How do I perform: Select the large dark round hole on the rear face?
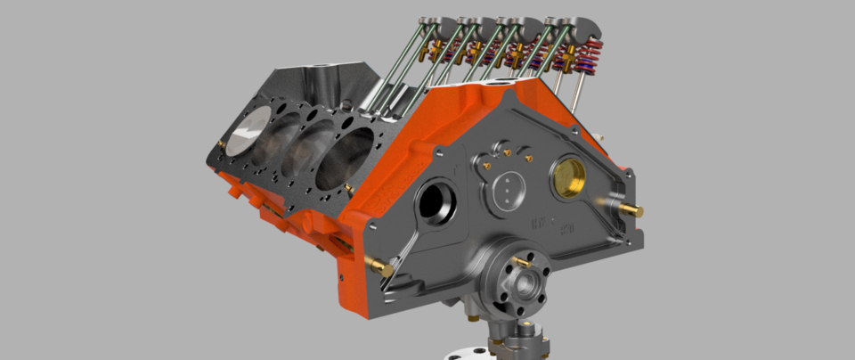436,202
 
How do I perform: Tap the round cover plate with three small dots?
506,190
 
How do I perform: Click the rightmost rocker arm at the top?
570,27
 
